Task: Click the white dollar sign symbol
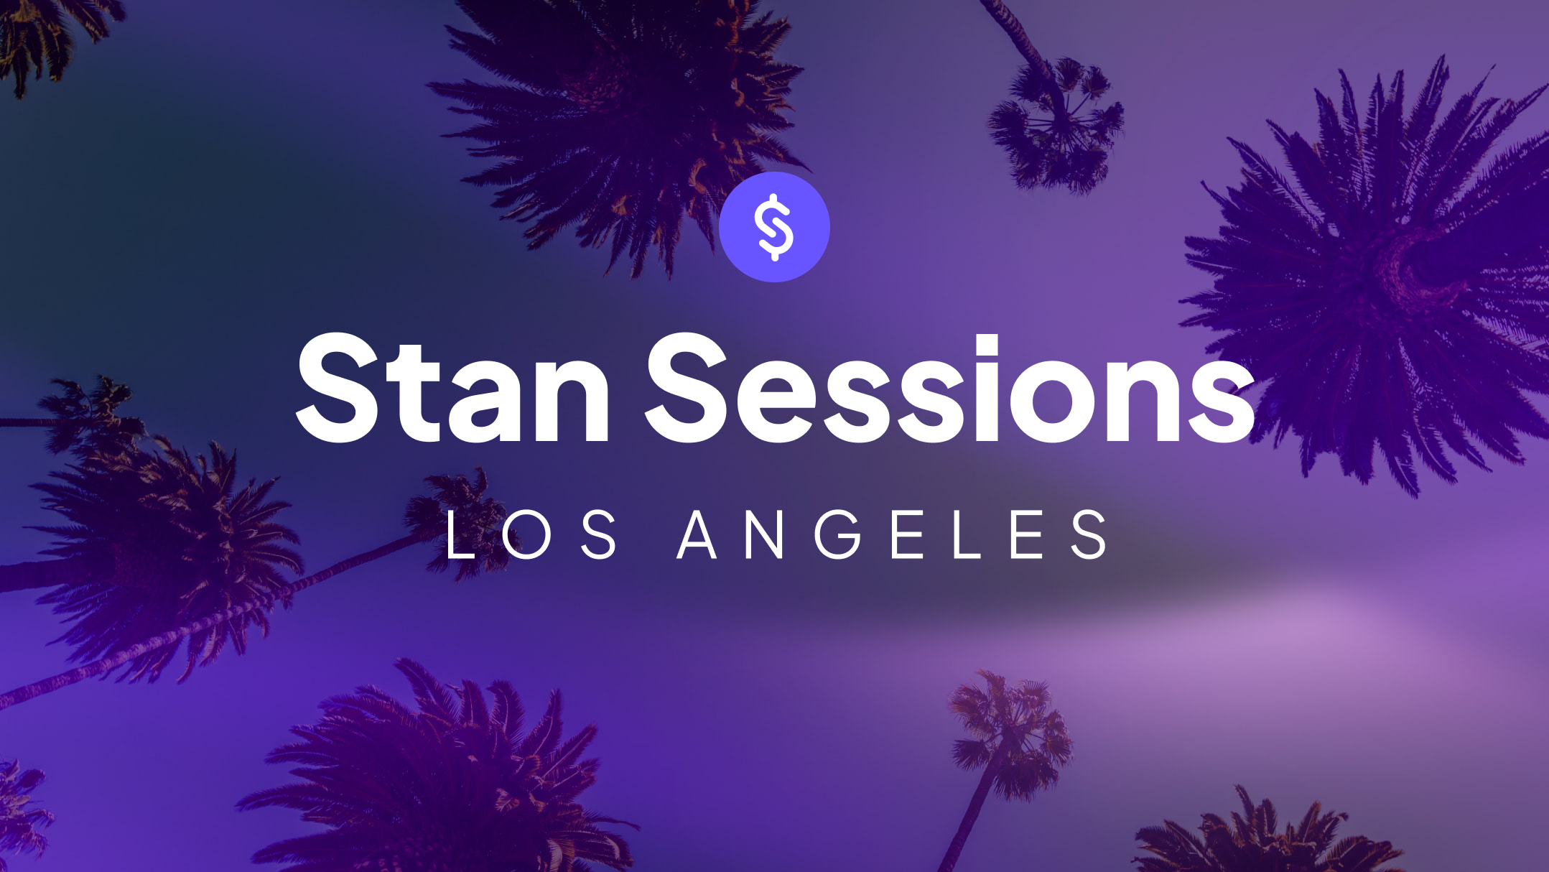[x=774, y=227]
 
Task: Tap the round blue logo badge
[x=774, y=227]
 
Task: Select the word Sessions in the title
[x=950, y=389]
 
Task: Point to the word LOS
[x=531, y=534]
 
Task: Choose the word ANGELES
[x=893, y=534]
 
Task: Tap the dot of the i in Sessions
[x=997, y=346]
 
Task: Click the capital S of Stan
[x=338, y=388]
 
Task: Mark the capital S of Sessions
[x=687, y=388]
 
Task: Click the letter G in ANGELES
[x=838, y=534]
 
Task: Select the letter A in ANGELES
[x=697, y=534]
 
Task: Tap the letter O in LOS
[x=526, y=534]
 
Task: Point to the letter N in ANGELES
[x=764, y=534]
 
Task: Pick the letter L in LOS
[x=460, y=534]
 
